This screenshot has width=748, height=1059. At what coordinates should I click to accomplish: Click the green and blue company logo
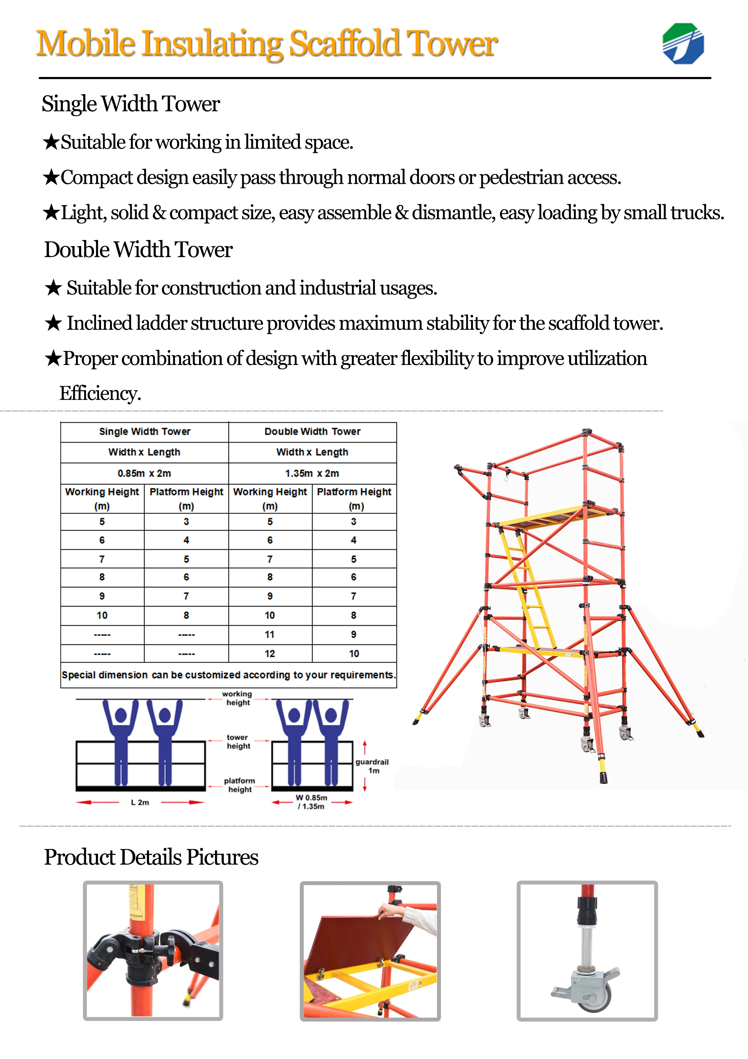[683, 43]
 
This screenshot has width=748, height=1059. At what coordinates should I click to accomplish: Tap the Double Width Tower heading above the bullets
[138, 250]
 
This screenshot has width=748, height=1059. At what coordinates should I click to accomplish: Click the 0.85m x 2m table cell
[144, 473]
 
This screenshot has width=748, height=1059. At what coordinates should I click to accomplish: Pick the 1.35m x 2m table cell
[312, 473]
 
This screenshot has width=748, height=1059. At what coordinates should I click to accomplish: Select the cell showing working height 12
[270, 654]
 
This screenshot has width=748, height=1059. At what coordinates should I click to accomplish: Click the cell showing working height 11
[270, 634]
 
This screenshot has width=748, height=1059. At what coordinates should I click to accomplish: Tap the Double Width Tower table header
[312, 431]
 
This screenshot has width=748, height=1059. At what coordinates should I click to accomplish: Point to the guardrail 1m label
[372, 766]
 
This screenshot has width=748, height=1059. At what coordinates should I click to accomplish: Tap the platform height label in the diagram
[239, 785]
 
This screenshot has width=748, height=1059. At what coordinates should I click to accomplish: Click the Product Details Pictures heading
[151, 857]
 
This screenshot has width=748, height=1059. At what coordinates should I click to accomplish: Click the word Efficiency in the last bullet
[100, 393]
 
